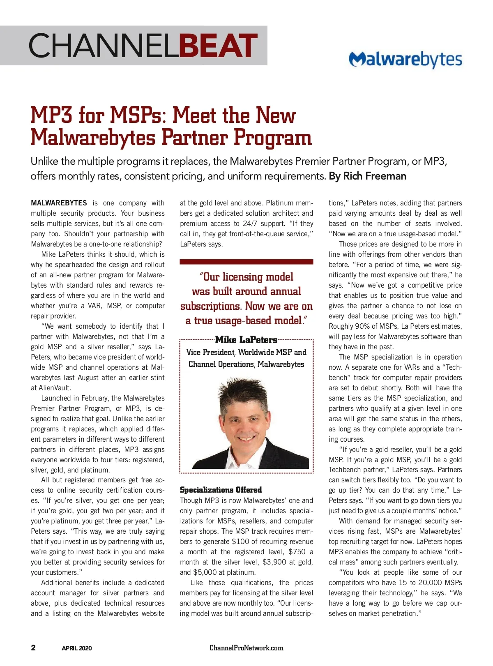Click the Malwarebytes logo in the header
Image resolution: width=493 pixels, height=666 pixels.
click(x=405, y=59)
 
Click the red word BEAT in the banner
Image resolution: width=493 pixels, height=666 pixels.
click(x=219, y=46)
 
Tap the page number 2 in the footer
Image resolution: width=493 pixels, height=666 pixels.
click(x=33, y=648)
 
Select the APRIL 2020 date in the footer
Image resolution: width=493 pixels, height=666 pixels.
click(x=77, y=648)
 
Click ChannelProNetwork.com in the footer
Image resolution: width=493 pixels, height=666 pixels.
click(x=246, y=648)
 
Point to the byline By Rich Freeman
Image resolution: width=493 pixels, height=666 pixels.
click(x=367, y=176)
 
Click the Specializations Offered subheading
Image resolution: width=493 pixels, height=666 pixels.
click(x=221, y=490)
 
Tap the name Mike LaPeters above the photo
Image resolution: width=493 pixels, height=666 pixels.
click(x=246, y=340)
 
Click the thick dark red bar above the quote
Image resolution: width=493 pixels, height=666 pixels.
click(x=246, y=261)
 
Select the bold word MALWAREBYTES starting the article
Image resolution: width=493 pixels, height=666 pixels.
click(x=59, y=203)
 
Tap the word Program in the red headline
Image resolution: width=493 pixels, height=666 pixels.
click(x=273, y=138)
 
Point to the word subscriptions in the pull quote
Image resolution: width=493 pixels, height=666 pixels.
click(x=210, y=306)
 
